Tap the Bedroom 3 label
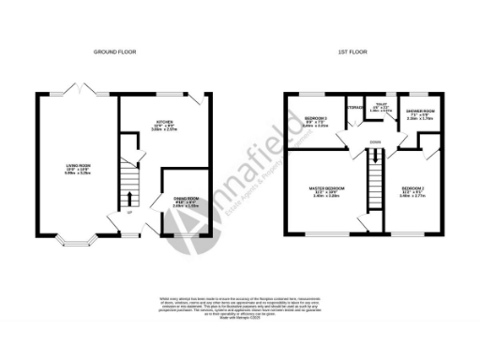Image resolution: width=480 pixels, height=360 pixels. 315,121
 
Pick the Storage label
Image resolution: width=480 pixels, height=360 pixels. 354,108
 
